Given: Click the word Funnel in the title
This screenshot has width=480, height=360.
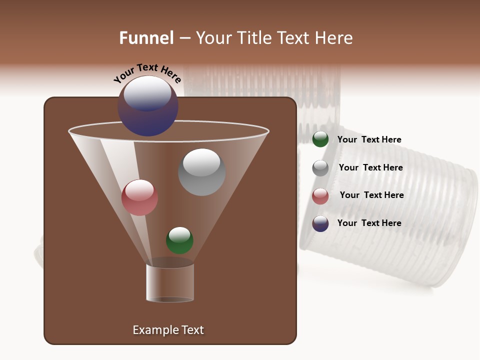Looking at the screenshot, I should (x=146, y=37).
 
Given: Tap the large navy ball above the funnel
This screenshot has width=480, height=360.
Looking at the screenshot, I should (x=147, y=106).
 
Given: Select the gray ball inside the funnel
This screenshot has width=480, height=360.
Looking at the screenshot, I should (x=201, y=172).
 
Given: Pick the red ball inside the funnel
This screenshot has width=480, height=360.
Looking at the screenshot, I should (x=139, y=197).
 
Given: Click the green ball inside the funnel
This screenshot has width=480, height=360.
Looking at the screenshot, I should (x=179, y=240).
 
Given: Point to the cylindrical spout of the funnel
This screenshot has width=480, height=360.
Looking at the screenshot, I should (x=170, y=282).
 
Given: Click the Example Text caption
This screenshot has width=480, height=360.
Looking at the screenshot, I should (x=168, y=330).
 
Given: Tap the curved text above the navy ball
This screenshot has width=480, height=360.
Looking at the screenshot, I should (x=147, y=73).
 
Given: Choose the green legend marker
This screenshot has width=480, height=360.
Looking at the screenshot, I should (x=320, y=139).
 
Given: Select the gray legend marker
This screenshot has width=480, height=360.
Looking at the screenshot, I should (x=320, y=168).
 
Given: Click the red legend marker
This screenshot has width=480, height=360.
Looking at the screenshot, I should (x=320, y=196).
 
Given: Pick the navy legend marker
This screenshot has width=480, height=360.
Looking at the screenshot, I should (x=320, y=223).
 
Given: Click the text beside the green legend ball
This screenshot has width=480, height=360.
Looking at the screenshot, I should (x=369, y=140).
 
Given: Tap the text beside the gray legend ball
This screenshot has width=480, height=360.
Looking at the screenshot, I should (x=370, y=168).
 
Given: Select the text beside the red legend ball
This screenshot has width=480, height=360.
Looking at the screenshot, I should (x=371, y=195).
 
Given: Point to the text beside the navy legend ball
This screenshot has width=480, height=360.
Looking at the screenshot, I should (x=369, y=223).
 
